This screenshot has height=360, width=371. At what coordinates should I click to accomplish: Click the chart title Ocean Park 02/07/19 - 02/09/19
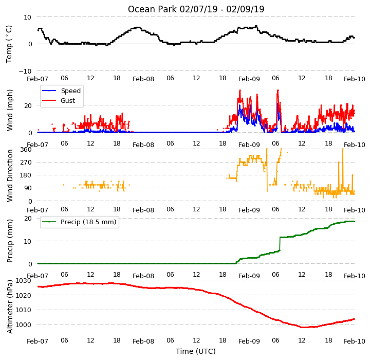196,9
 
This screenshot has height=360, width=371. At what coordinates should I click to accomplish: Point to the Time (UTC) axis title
196,351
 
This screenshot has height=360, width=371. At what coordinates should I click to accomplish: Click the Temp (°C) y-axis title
9,44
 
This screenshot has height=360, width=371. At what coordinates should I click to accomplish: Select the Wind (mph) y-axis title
10,110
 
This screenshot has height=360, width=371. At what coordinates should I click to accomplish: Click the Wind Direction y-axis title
10,175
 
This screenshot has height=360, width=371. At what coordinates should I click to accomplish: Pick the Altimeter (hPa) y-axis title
10,307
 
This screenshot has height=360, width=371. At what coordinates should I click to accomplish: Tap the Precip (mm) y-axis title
10,241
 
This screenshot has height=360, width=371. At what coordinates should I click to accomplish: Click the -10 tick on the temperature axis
25,71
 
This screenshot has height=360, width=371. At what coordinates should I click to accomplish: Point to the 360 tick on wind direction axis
26,150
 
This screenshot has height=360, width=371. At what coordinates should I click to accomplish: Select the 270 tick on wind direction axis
26,163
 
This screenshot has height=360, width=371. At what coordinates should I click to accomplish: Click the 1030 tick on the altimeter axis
24,281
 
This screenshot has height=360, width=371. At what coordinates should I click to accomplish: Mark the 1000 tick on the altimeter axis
24,325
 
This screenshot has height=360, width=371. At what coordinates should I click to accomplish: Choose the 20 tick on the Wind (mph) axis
28,105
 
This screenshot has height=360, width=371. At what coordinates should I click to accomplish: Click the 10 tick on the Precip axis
28,241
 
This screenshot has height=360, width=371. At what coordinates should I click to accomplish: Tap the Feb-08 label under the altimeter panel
143,341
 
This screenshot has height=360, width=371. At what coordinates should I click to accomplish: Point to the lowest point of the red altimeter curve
305,327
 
